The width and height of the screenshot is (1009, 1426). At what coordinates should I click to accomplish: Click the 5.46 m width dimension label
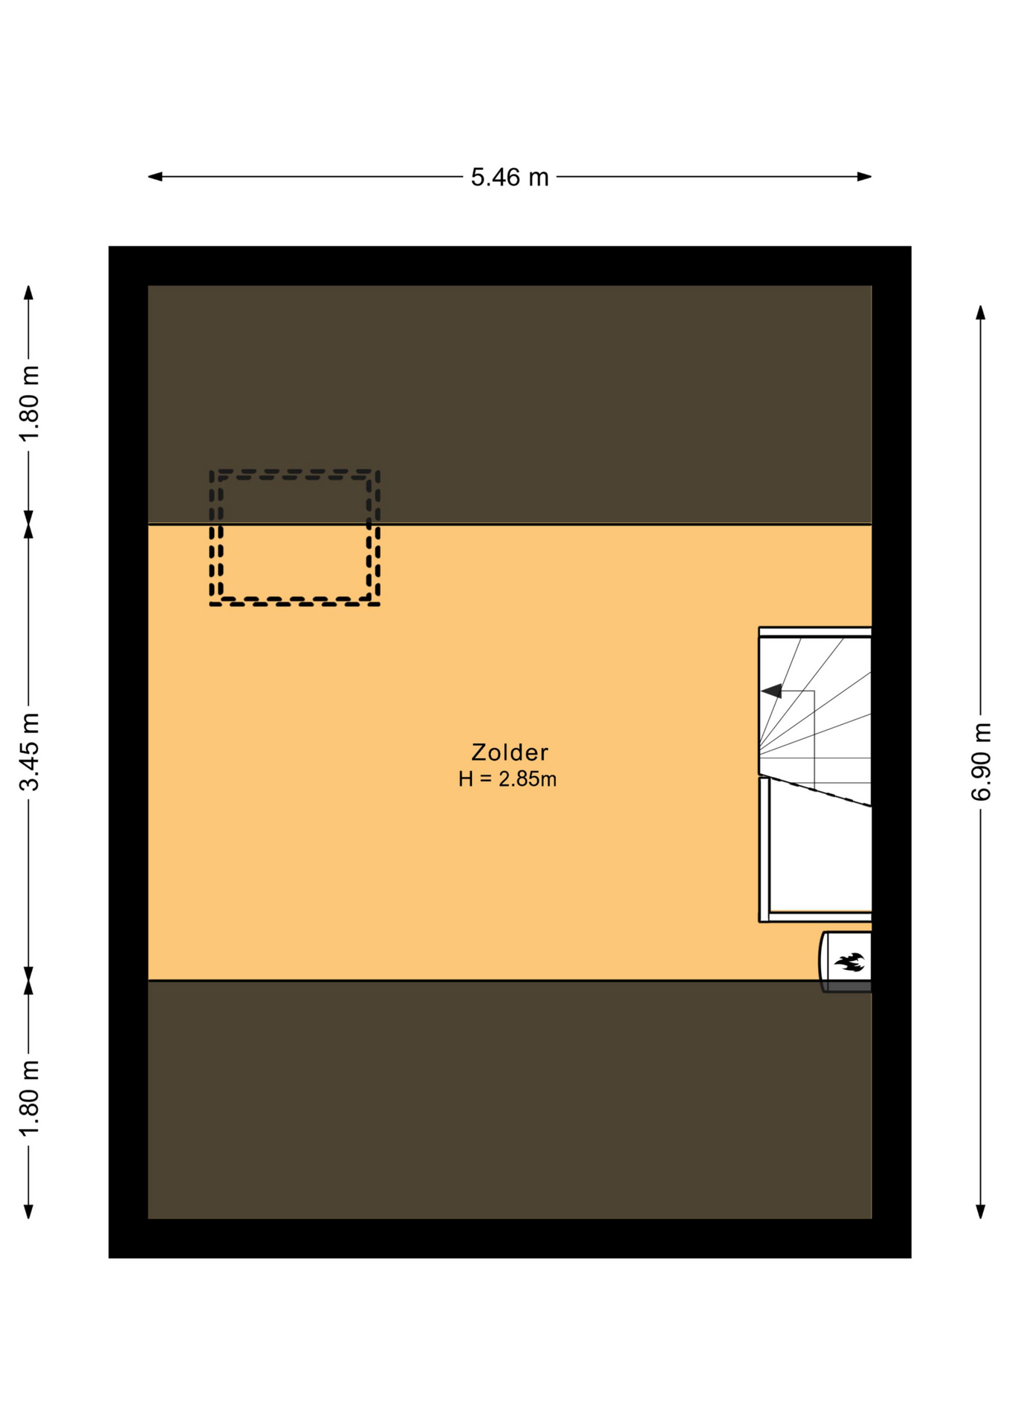pyautogui.click(x=510, y=178)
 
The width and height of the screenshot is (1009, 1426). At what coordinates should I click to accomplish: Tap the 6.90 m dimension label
pyautogui.click(x=981, y=761)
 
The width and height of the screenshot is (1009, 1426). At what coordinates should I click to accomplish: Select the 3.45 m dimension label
pyautogui.click(x=29, y=752)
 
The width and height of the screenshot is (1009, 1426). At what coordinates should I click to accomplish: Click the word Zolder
pyautogui.click(x=510, y=752)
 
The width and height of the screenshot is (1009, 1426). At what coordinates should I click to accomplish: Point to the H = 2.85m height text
pyautogui.click(x=507, y=779)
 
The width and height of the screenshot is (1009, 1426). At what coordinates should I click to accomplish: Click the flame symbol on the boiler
pyautogui.click(x=849, y=963)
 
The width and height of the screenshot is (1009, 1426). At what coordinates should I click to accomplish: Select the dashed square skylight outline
pyautogui.click(x=294, y=471)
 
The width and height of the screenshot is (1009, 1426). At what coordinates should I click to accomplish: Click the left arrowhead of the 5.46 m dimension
pyautogui.click(x=155, y=177)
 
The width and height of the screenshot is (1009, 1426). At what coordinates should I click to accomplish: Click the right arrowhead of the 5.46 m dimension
pyautogui.click(x=864, y=177)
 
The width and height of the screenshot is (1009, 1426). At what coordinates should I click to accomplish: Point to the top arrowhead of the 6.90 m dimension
pyautogui.click(x=981, y=312)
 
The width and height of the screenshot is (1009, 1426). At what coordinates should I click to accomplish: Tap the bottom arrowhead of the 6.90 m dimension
pyautogui.click(x=981, y=1211)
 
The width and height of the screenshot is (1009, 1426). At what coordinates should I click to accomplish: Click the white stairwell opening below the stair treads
pyautogui.click(x=820, y=854)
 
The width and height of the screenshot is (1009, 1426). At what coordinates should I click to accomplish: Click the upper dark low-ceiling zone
pyautogui.click(x=510, y=405)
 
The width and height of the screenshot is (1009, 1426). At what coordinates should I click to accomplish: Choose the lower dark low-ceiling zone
pyautogui.click(x=510, y=1099)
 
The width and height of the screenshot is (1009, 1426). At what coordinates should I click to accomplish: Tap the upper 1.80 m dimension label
pyautogui.click(x=29, y=403)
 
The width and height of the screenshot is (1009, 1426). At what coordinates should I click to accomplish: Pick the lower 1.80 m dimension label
pyautogui.click(x=29, y=1098)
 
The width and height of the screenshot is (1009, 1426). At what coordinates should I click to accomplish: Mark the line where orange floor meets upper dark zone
pyautogui.click(x=510, y=524)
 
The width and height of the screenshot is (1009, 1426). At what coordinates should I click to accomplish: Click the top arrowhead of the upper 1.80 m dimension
pyautogui.click(x=29, y=293)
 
